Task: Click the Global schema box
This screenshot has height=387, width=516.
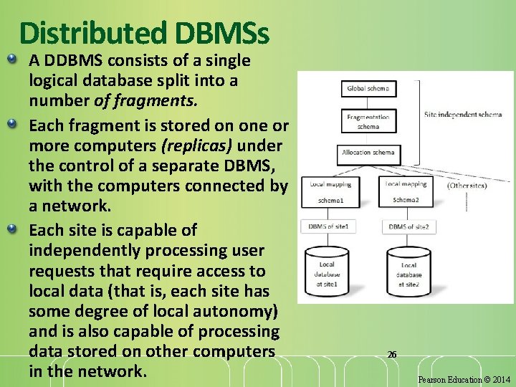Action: (x=368, y=89)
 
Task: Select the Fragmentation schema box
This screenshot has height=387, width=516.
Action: (x=368, y=121)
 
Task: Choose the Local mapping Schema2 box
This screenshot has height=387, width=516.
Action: (x=406, y=191)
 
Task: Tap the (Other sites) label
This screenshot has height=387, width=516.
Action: (x=468, y=185)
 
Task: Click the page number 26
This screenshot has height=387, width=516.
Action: (x=391, y=354)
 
